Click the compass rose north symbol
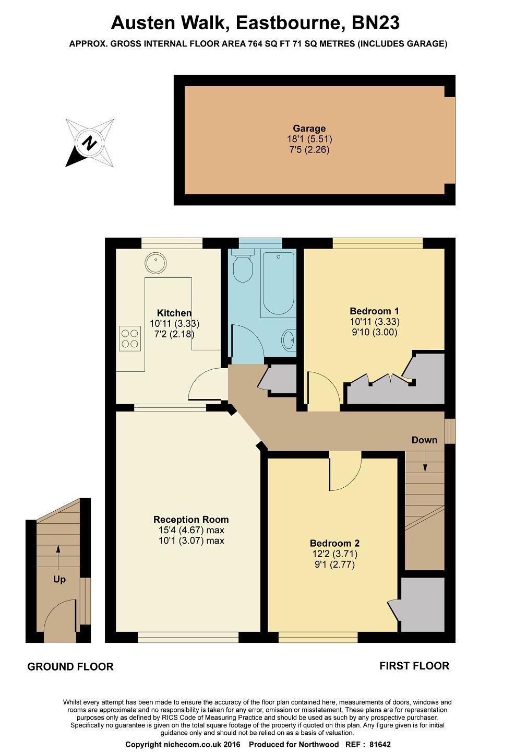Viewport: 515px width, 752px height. point(90,143)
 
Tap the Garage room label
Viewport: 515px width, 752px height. point(309,128)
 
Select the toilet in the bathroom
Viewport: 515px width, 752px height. point(242,267)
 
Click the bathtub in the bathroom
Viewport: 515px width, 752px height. point(278,284)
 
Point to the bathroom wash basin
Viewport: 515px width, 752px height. point(289,340)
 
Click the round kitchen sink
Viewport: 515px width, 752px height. point(155,263)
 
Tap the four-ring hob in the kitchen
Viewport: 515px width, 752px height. point(130,337)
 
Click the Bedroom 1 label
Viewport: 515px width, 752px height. point(374,311)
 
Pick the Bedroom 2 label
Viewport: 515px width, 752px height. point(334,543)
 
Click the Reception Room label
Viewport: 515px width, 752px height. point(191,520)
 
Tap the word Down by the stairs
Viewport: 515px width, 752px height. point(424,440)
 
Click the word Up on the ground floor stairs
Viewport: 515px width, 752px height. point(59,579)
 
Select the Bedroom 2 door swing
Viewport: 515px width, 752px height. point(345,473)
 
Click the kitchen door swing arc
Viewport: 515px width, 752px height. point(208,385)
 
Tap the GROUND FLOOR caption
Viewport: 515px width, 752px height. point(70,667)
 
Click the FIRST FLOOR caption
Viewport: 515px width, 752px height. point(414,666)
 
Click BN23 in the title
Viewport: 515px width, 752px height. point(376,23)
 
